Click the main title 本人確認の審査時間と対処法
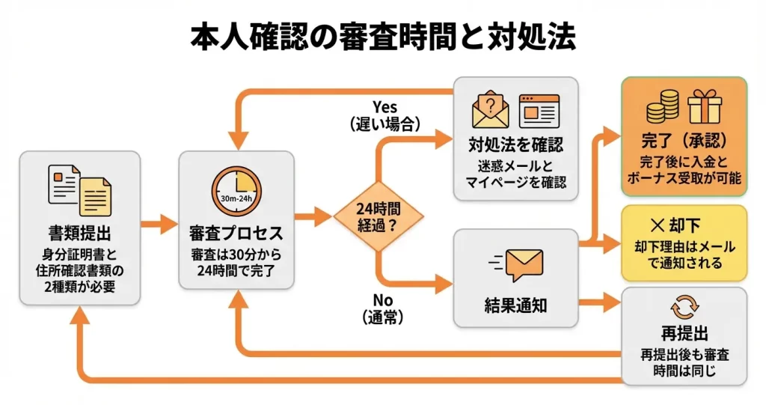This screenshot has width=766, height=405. (x=383, y=37)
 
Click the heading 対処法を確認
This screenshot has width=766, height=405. (x=515, y=144)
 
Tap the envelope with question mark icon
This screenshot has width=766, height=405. (x=491, y=109)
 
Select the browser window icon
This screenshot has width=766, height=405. (x=539, y=110)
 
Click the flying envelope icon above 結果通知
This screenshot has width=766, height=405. (x=516, y=264)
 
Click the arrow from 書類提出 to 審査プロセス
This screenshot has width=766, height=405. (x=159, y=222)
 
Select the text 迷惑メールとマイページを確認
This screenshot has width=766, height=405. (x=515, y=173)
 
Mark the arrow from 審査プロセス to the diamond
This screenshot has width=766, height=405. (x=313, y=218)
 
